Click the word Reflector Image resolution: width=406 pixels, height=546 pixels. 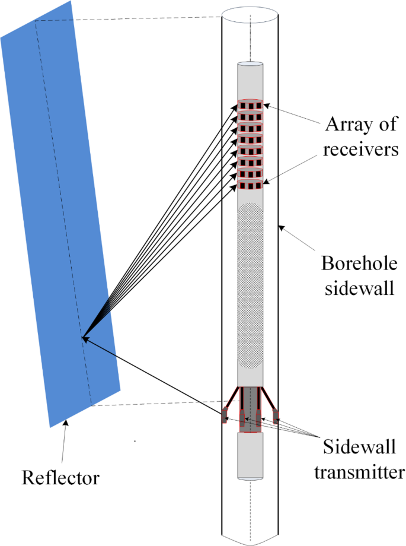click(60, 477)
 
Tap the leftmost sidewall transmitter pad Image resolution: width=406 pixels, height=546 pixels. click(225, 415)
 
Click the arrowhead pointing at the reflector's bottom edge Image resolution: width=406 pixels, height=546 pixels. click(66, 422)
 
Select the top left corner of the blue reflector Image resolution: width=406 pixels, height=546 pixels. click(2, 39)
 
